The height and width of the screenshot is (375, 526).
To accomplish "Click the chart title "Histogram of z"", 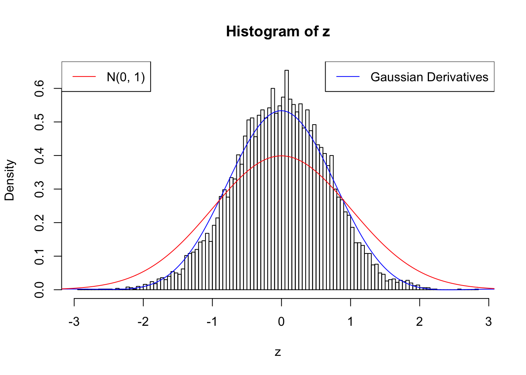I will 278,32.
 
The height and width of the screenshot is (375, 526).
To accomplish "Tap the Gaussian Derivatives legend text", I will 429,77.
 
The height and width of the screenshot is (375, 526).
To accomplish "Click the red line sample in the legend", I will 84,77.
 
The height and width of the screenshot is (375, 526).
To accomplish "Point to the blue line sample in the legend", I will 348,77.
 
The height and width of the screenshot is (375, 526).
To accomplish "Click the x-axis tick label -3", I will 74,322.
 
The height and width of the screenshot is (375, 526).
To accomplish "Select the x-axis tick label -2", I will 143,322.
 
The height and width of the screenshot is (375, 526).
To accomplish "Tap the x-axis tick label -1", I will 212,322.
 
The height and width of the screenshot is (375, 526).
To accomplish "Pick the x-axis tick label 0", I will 281,322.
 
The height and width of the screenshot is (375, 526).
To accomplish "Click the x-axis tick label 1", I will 350,322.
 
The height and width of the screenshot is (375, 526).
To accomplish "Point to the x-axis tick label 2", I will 420,322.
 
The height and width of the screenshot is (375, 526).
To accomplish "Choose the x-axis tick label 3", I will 488,322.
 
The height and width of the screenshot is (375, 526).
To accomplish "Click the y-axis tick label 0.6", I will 40,88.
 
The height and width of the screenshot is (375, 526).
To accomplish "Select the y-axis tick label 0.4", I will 40,155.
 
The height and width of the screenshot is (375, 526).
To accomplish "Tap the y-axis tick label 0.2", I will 40,223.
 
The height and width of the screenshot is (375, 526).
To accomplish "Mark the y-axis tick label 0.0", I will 40,290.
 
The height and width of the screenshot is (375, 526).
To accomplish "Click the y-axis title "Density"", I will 10,180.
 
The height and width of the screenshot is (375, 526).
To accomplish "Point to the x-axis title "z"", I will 278,352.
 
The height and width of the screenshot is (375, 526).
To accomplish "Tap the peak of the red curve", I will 281,156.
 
